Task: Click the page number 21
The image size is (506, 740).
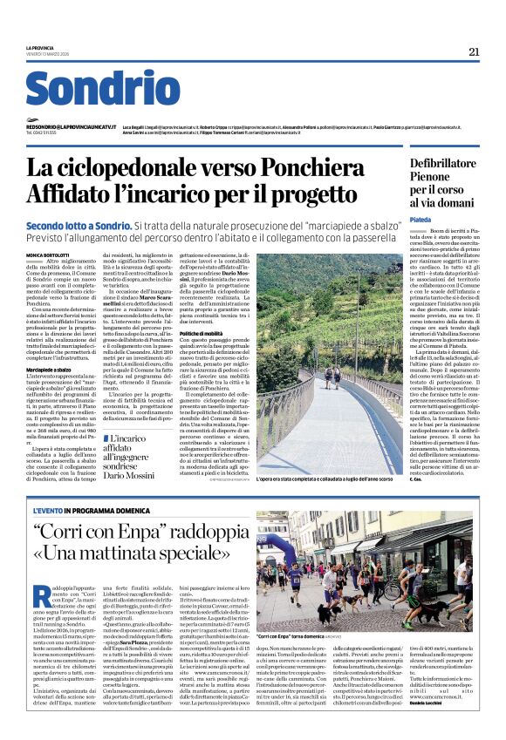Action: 474,51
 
